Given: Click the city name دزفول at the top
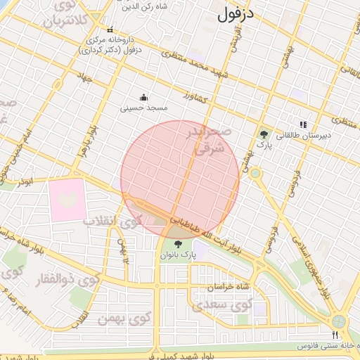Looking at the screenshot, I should coord(236,13).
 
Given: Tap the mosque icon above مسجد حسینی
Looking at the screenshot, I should coord(144,97).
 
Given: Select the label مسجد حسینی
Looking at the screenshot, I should coord(144,108).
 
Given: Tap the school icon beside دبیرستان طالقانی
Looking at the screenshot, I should coord(304,124).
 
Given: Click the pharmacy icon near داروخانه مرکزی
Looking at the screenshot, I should coord(109,30).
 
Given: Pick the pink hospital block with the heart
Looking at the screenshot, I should coord(67,200).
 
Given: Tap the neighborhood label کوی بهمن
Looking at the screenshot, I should coord(131,319).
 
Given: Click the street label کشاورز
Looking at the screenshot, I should coord(198,98).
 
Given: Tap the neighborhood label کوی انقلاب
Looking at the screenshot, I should coord(112,220).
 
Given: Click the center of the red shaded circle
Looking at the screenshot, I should coord(180,180).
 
